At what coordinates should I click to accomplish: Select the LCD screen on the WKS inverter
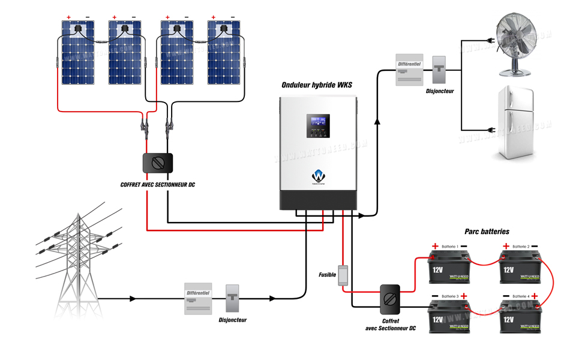tap(319, 126)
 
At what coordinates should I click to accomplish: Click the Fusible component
tap(343, 275)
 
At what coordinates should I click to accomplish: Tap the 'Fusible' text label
tap(328, 274)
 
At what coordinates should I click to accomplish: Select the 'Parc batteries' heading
tap(487, 231)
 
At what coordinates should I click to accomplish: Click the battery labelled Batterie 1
tap(448, 266)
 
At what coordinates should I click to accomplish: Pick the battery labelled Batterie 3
tap(448, 315)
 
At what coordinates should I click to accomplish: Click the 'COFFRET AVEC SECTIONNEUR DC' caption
tap(158, 185)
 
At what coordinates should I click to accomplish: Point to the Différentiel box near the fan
tap(410, 70)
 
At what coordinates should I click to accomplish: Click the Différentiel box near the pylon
tap(199, 298)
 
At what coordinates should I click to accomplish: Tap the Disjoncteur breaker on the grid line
tap(232, 298)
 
